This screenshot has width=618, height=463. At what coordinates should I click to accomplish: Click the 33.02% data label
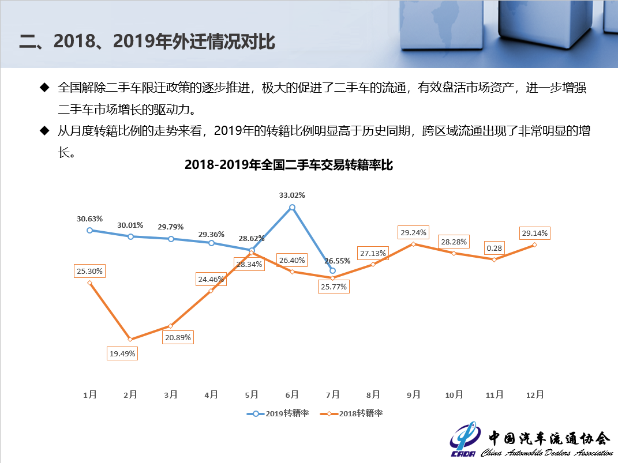point(292,195)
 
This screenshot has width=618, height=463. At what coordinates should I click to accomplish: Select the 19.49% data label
point(122,353)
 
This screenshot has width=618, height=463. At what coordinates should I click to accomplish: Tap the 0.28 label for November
point(493,247)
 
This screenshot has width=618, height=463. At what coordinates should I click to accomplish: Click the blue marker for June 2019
point(293,207)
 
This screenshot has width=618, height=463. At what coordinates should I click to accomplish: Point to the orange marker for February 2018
point(130,339)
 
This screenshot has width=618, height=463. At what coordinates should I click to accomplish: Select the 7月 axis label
point(332,395)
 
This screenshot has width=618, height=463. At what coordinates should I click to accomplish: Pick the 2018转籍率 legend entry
point(352,413)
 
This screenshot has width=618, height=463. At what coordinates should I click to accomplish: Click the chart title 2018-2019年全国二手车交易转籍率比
point(289,165)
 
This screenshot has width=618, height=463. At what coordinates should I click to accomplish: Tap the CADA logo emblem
point(463,440)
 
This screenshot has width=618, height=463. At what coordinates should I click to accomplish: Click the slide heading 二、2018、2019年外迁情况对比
point(147,42)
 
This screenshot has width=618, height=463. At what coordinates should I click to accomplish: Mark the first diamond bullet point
point(44,88)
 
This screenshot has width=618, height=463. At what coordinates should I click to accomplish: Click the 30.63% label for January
point(89,219)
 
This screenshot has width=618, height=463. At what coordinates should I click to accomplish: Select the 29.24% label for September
point(413,233)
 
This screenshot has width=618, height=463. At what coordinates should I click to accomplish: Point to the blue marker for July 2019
point(332,270)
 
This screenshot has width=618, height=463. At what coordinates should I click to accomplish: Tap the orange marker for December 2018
point(534,244)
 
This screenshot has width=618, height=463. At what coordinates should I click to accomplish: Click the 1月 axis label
point(89,395)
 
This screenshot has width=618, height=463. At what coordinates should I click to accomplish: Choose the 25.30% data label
point(89,271)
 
